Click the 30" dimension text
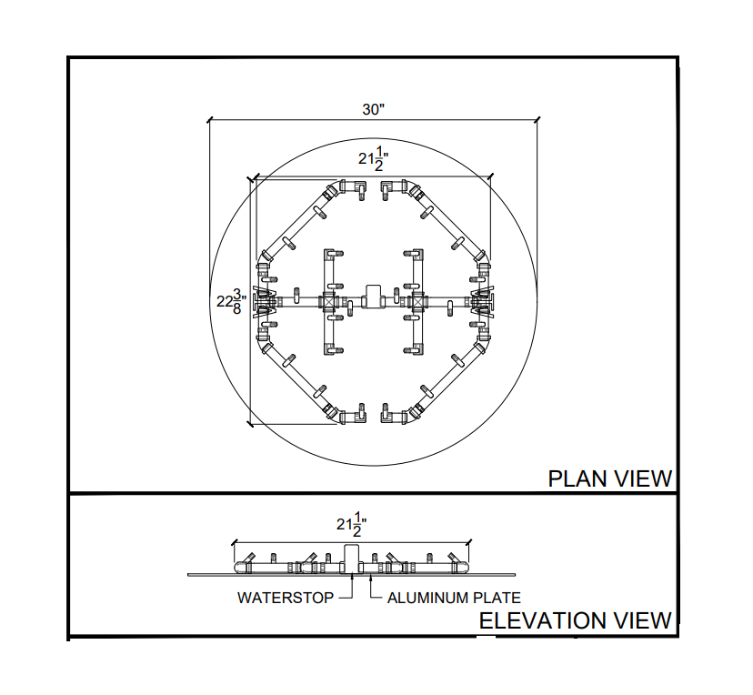(374, 110)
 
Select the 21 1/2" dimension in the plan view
(374, 160)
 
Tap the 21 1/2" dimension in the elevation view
(351, 525)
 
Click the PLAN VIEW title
(609, 478)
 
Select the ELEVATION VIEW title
(575, 621)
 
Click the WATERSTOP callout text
(285, 599)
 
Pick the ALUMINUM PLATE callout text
(454, 599)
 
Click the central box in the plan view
(373, 295)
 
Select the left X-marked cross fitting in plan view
(328, 300)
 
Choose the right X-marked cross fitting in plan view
(417, 300)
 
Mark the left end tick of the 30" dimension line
(210, 119)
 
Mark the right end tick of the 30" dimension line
(537, 119)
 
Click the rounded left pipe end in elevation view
(241, 568)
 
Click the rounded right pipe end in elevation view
(463, 568)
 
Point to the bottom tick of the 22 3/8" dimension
(250, 424)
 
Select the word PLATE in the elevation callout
(497, 599)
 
